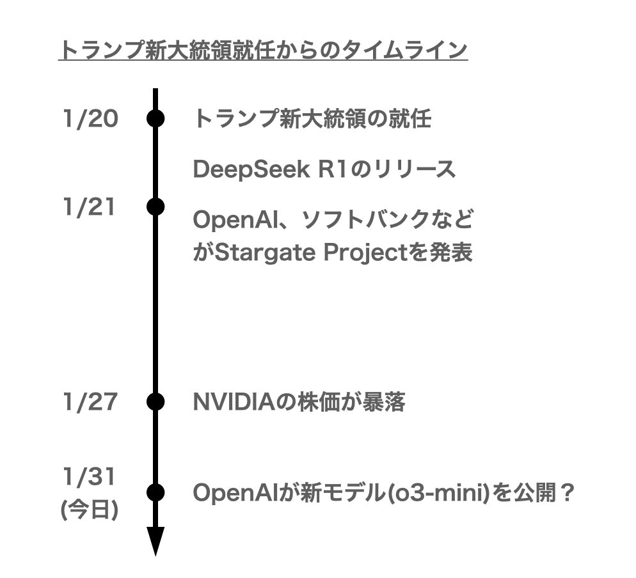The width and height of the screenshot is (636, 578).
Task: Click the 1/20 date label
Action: tap(90, 119)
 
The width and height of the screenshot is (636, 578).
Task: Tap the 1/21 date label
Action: tap(90, 207)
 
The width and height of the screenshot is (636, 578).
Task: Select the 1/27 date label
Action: tap(90, 402)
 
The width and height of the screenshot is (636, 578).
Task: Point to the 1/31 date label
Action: tap(90, 476)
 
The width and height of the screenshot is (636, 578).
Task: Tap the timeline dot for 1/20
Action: tap(155, 119)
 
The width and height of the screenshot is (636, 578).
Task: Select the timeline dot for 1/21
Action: tap(155, 207)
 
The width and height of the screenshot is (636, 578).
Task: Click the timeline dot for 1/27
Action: tap(155, 402)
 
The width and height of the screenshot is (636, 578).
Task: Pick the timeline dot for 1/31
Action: tap(155, 492)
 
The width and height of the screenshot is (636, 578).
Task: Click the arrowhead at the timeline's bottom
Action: tap(155, 542)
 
